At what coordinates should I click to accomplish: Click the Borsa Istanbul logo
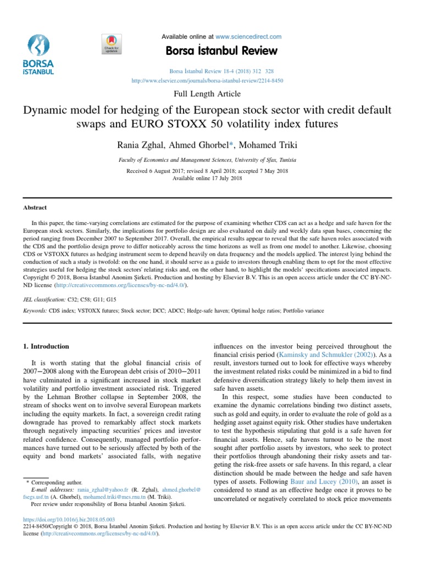coord(38,54)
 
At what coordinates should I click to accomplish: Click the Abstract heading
coord(34,207)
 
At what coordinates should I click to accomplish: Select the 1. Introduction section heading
coord(46,346)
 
